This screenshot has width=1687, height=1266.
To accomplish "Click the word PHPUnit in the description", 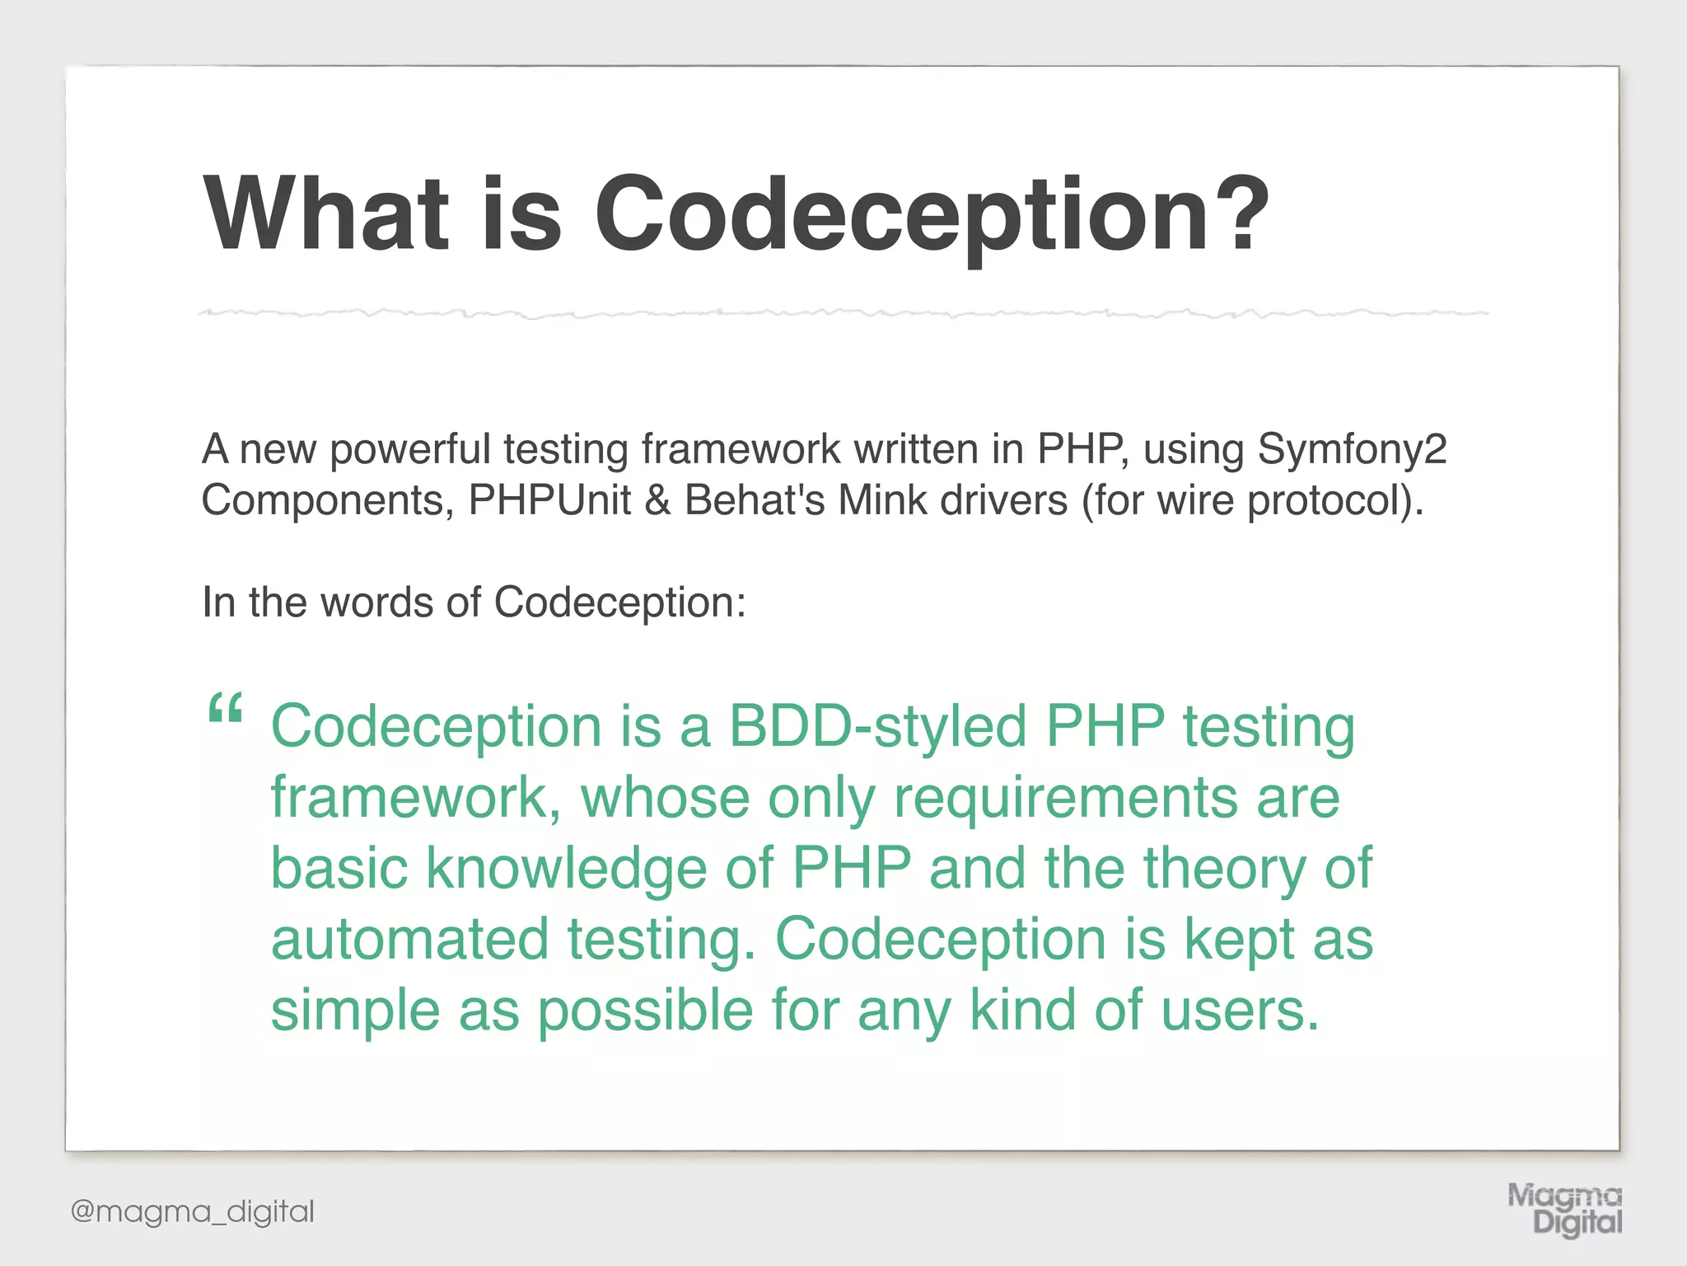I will [549, 500].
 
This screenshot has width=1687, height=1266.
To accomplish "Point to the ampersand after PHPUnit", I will [657, 500].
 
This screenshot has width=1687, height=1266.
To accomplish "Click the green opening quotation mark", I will [225, 709].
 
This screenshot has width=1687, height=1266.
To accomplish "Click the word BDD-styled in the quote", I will [877, 728].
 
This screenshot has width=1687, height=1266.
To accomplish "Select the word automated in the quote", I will [409, 940].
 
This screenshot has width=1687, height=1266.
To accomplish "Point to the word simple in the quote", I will [355, 1012].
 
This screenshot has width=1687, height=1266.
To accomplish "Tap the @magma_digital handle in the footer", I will [193, 1212].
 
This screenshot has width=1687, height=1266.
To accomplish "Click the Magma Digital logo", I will [1564, 1208].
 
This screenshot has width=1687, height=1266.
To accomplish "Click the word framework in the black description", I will [741, 450].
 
